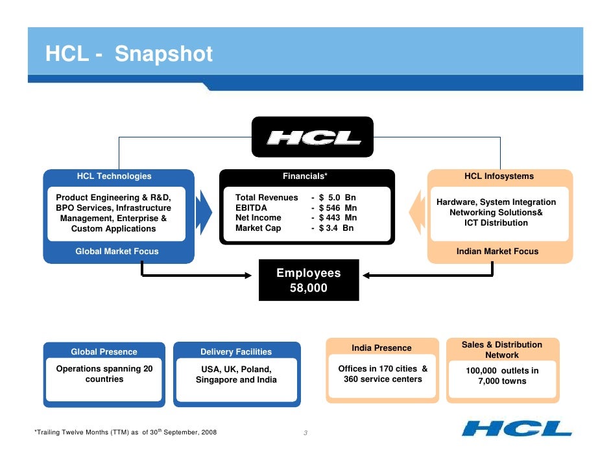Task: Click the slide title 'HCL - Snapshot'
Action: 128,54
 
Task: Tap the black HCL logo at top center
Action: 313,137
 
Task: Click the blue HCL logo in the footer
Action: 517,429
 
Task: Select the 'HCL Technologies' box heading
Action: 114,176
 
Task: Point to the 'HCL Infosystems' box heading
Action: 499,176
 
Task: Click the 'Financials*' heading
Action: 305,176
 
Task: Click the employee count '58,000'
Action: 308,288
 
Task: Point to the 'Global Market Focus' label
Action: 117,252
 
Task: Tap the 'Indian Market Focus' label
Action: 497,252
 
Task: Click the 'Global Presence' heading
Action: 104,352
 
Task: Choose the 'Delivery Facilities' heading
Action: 236,352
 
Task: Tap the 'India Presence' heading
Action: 381,348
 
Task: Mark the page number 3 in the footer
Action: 305,433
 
